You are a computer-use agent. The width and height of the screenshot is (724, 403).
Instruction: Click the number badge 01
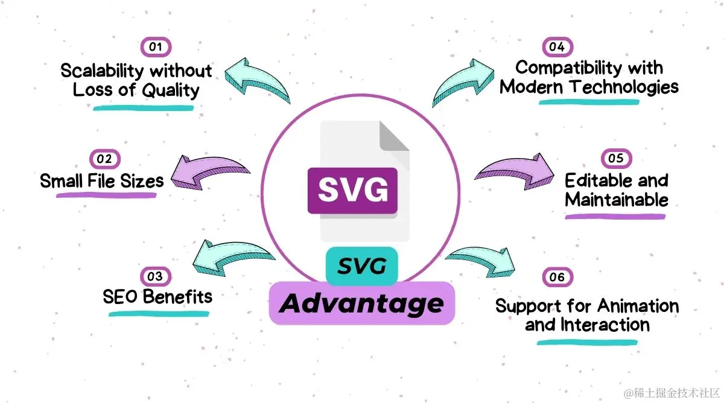[x=156, y=47]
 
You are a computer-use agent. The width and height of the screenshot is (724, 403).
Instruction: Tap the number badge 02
[x=104, y=159]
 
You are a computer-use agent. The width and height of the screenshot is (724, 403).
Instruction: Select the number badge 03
[x=155, y=276]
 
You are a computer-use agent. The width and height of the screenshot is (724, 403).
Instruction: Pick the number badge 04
[x=557, y=46]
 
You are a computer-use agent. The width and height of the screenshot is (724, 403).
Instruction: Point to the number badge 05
[x=616, y=158]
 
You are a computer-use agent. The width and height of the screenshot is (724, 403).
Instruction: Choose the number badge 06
[x=557, y=277]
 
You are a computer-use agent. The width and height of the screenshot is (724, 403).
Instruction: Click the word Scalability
[x=103, y=71]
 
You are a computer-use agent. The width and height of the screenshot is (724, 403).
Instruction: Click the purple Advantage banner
[x=361, y=303]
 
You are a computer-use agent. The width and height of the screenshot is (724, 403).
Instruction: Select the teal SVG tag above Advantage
[x=361, y=266]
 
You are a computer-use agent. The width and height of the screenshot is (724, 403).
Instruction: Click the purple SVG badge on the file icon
[x=353, y=190]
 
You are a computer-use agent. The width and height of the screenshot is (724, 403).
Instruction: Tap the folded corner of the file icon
[x=394, y=136]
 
